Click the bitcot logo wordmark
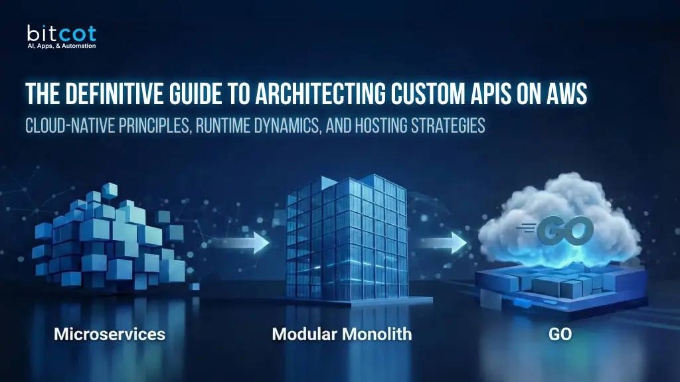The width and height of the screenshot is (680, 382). click(61, 32)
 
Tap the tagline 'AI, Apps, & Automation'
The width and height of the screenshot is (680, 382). click(61, 46)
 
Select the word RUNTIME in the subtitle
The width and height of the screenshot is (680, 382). click(225, 125)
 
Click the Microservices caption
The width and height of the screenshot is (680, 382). click(110, 334)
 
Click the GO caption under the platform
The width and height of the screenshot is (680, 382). click(560, 334)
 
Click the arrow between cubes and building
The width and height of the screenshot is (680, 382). click(251, 243)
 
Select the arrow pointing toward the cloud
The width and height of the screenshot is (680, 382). click(450, 243)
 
